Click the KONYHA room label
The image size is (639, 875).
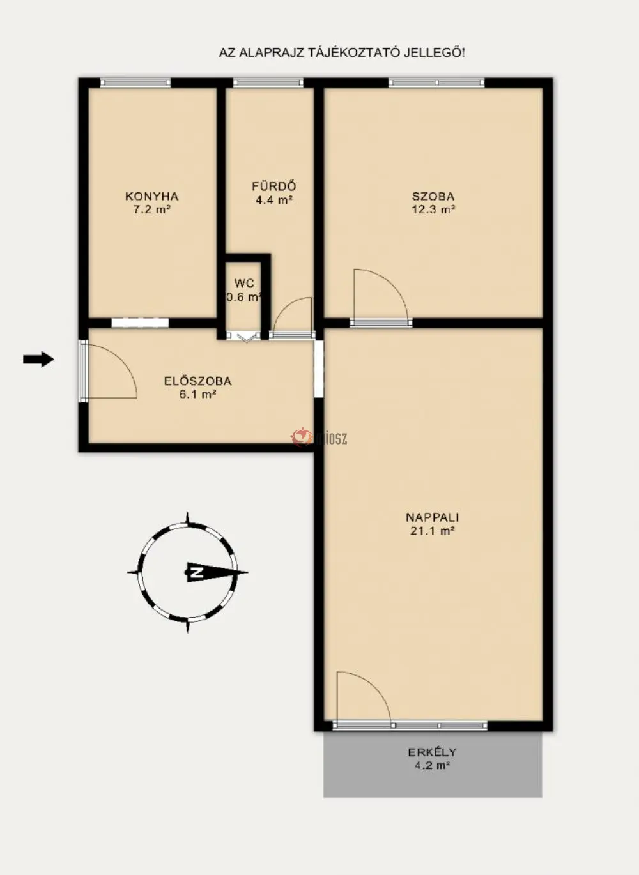151,196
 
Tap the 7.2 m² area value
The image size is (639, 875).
152,209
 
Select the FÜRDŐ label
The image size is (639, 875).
273,186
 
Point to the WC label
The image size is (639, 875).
244,283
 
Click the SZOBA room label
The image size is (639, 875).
433,196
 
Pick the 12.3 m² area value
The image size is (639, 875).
433,209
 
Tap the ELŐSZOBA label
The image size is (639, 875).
197,381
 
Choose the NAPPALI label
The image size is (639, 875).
432,517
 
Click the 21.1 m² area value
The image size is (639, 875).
432,531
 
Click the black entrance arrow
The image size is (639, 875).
38,359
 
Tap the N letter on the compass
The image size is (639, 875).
196,573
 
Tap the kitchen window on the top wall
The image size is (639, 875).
135,82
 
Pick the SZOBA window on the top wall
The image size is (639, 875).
436,82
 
